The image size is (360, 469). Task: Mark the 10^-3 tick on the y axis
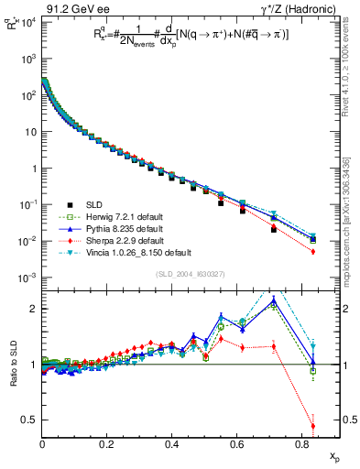pos(27,278)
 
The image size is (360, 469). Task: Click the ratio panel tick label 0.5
pos(30,420)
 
